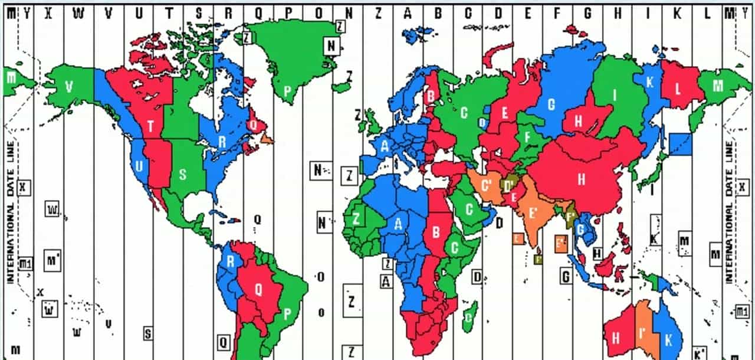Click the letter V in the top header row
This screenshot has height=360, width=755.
[108, 12]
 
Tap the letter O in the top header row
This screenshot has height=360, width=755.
[319, 12]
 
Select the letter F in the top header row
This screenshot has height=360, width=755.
[557, 12]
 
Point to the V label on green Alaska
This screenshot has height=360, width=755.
[69, 87]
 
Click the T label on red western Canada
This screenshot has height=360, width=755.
[151, 126]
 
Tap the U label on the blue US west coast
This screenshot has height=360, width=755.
[139, 167]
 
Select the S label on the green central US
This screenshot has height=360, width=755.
[183, 175]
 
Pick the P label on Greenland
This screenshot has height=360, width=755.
[287, 91]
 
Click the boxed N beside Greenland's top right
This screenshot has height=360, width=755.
[331, 45]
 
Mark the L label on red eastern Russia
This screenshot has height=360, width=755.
[678, 90]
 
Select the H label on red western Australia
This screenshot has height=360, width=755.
[616, 338]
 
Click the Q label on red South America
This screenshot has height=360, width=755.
[258, 289]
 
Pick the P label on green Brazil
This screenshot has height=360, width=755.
[287, 313]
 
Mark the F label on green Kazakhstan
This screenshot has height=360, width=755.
[527, 136]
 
